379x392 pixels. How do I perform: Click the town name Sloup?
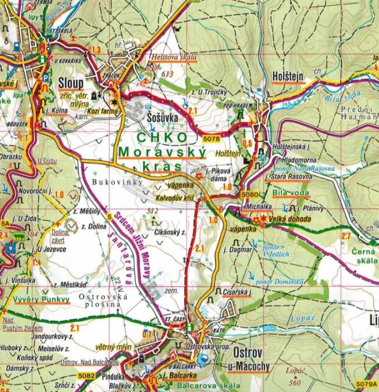pyautogui.click(x=71, y=83)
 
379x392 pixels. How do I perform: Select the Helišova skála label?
pyautogui.click(x=173, y=57)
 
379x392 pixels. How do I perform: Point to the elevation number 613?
pyautogui.click(x=168, y=74)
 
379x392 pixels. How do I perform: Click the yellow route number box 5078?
pyautogui.click(x=211, y=139)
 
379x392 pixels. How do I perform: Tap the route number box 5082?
pyautogui.click(x=86, y=375)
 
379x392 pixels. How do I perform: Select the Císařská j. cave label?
pyautogui.click(x=237, y=292)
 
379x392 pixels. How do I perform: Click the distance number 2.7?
pyautogui.click(x=345, y=236)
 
